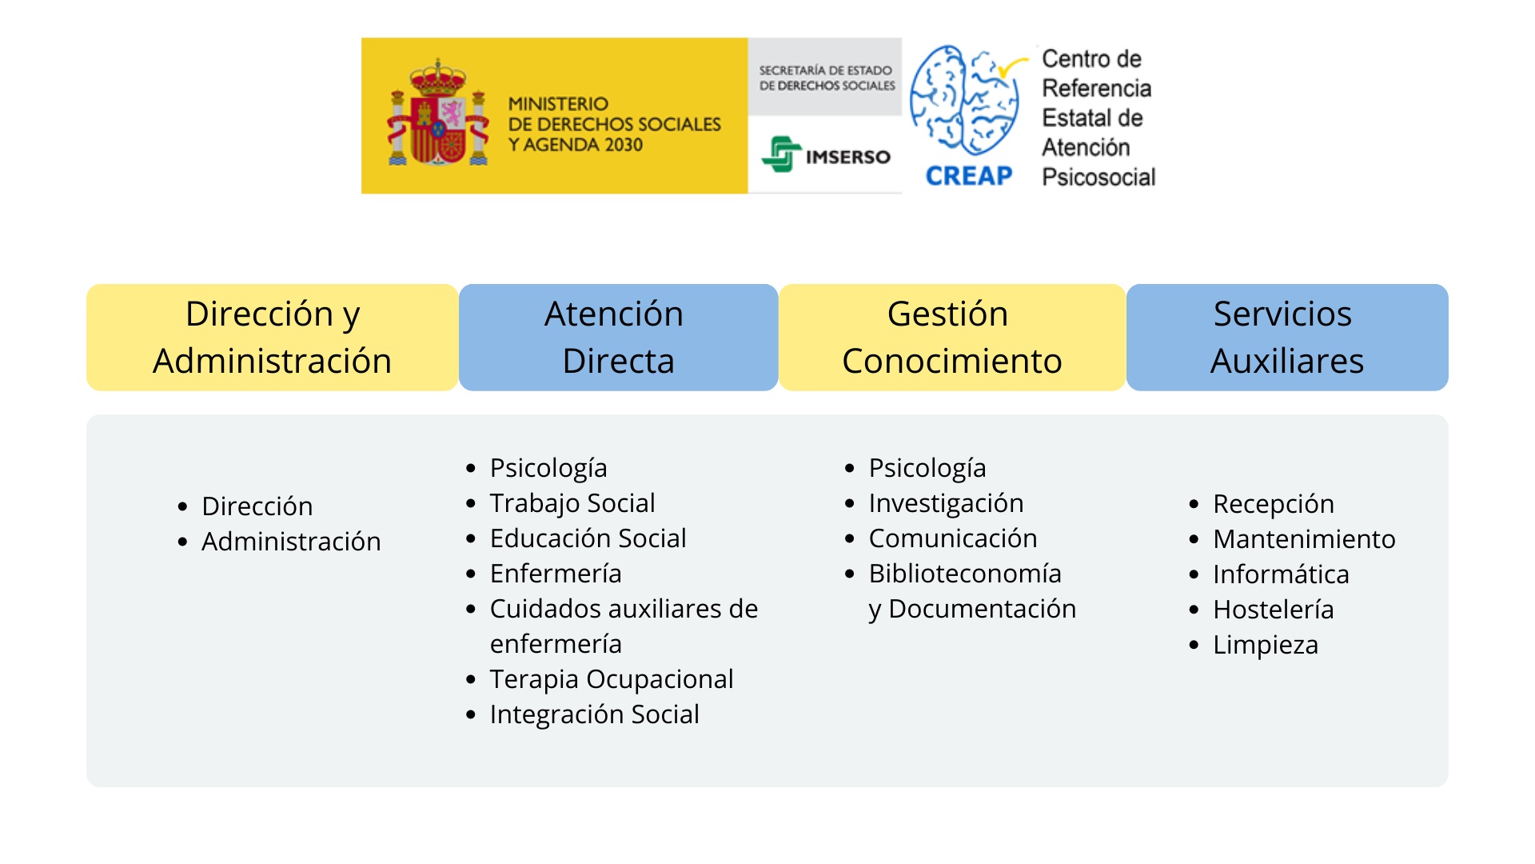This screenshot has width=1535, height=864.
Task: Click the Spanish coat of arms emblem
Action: (x=438, y=114)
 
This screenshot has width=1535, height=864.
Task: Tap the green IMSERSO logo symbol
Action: (x=781, y=154)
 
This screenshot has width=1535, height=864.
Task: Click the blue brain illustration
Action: (x=965, y=99)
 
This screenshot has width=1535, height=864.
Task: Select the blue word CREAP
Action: (x=968, y=176)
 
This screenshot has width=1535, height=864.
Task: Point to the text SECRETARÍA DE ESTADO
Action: (x=825, y=70)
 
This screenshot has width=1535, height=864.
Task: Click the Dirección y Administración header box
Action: (x=272, y=338)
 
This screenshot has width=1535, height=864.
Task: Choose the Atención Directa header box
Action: (x=618, y=338)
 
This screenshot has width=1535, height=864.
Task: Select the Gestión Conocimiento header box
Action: (x=951, y=338)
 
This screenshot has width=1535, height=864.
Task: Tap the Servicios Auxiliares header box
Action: (x=1286, y=338)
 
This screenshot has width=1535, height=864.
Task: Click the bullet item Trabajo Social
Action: (x=572, y=503)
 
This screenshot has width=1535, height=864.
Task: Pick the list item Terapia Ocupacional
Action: (x=611, y=679)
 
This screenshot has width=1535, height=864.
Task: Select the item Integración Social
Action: (x=594, y=714)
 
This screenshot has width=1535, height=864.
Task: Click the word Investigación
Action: (x=946, y=503)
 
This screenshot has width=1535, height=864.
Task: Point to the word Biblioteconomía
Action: (x=965, y=574)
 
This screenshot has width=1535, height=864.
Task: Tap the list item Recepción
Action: (x=1273, y=504)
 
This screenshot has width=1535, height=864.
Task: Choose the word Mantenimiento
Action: (x=1304, y=539)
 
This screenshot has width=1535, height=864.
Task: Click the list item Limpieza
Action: (x=1265, y=645)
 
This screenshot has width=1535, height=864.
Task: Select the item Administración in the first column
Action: (x=291, y=542)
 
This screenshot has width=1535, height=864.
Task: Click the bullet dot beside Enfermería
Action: (x=471, y=574)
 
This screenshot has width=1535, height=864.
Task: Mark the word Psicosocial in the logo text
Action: (x=1098, y=177)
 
